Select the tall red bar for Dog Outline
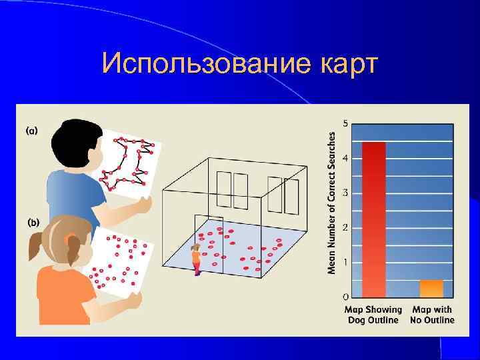[373, 219]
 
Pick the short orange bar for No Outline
[431, 289]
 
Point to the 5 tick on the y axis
[345, 123]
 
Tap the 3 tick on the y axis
[345, 193]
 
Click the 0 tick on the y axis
[345, 296]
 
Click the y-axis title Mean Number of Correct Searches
[331, 201]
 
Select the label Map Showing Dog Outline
[373, 315]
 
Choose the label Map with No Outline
[433, 315]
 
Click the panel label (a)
[31, 131]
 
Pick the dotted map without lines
[120, 263]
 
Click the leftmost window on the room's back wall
[223, 189]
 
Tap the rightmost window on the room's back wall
[291, 195]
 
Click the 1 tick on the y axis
[345, 262]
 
